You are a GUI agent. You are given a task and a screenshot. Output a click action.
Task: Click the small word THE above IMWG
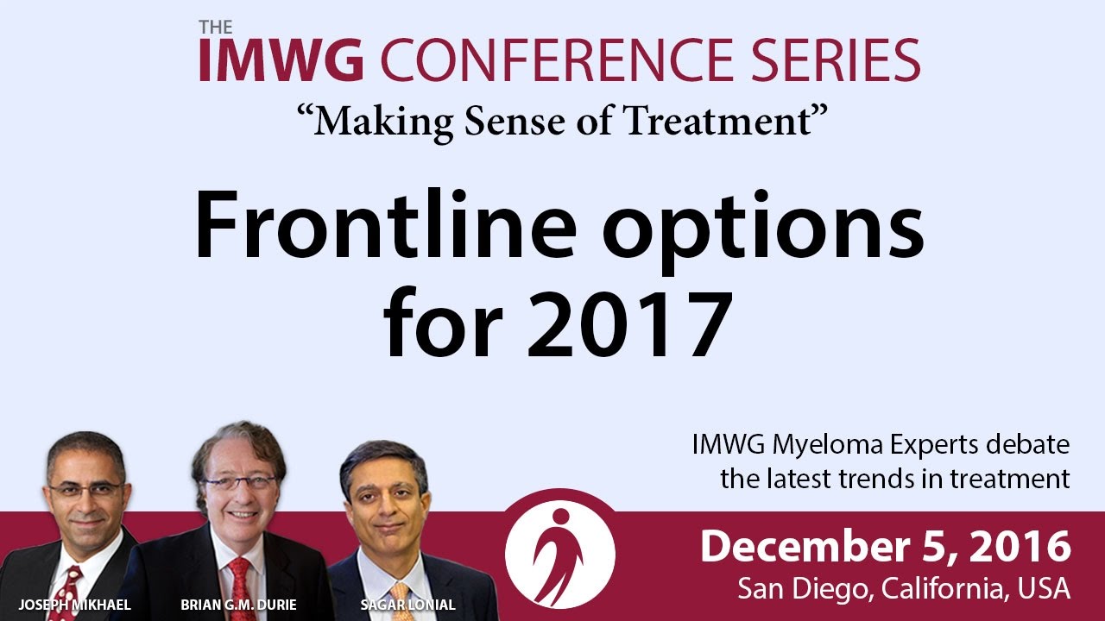pyautogui.click(x=216, y=27)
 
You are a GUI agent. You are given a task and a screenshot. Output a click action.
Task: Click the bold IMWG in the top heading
pyautogui.click(x=281, y=60)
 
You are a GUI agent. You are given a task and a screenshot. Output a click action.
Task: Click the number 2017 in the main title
pyautogui.click(x=629, y=323)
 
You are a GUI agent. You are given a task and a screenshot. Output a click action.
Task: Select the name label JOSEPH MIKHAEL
pyautogui.click(x=74, y=605)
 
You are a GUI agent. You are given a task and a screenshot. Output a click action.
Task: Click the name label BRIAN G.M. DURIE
pyautogui.click(x=238, y=605)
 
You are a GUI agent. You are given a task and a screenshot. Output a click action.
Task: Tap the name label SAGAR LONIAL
pyautogui.click(x=408, y=605)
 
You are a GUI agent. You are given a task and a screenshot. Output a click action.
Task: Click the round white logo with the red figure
pyautogui.click(x=560, y=554)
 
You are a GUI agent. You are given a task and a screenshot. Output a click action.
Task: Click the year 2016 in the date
pyautogui.click(x=1020, y=547)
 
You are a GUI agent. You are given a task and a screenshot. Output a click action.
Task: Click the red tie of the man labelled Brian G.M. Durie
pyautogui.click(x=240, y=589)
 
